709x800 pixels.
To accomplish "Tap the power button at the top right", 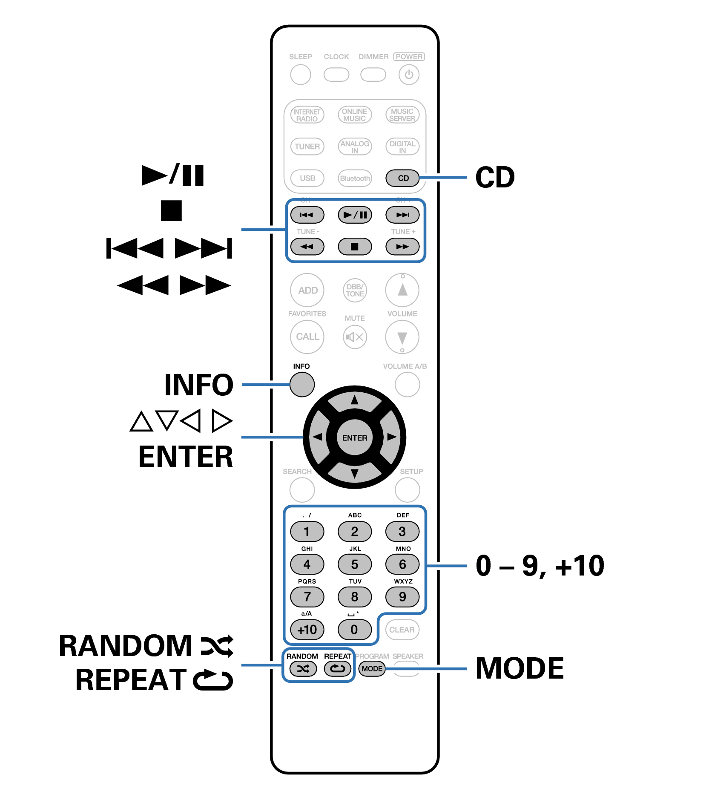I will pyautogui.click(x=408, y=75).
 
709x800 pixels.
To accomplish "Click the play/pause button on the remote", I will pyautogui.click(x=355, y=215).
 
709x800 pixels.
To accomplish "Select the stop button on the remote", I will pyautogui.click(x=355, y=246).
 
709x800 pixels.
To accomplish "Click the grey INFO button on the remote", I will pyautogui.click(x=302, y=384).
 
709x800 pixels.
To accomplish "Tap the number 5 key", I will pyautogui.click(x=355, y=564).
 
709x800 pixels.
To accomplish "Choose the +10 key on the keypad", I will pyautogui.click(x=307, y=630).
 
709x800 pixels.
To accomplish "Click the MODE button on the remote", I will pyautogui.click(x=372, y=669).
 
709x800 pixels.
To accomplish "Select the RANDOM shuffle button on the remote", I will pyautogui.click(x=303, y=669).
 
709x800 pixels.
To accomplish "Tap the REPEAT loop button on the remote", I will pyautogui.click(x=338, y=669).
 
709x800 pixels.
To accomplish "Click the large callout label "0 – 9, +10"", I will pyautogui.click(x=540, y=566).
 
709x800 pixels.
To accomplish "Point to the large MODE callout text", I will pyautogui.click(x=520, y=668).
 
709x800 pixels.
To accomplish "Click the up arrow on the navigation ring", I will pyautogui.click(x=355, y=400).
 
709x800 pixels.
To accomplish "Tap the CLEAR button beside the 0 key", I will pyautogui.click(x=402, y=630).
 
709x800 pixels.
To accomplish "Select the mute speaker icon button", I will pyautogui.click(x=355, y=337).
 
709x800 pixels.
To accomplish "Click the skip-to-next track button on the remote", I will pyautogui.click(x=402, y=215).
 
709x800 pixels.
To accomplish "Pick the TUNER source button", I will pyautogui.click(x=307, y=147).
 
